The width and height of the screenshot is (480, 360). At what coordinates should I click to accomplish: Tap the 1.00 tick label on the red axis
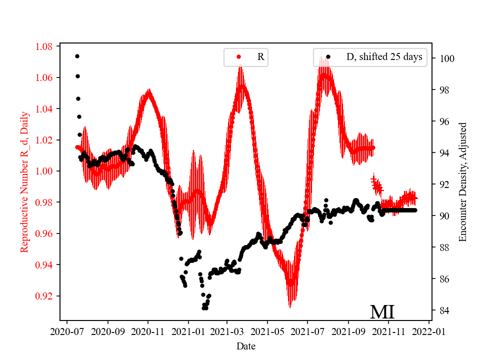(45, 171)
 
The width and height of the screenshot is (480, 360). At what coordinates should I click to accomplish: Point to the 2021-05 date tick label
(267, 331)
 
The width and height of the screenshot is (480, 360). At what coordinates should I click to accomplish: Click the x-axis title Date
(246, 345)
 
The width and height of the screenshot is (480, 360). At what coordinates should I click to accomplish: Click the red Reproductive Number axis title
(24, 181)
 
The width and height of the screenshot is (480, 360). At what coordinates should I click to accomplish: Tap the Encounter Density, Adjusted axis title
(462, 181)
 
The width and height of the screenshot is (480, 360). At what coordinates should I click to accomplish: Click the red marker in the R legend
(238, 57)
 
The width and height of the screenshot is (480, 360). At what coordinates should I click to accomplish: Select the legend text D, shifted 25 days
(384, 57)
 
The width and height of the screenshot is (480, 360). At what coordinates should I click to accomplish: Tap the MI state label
(382, 312)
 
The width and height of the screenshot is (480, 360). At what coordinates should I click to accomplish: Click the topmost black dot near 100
(77, 56)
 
